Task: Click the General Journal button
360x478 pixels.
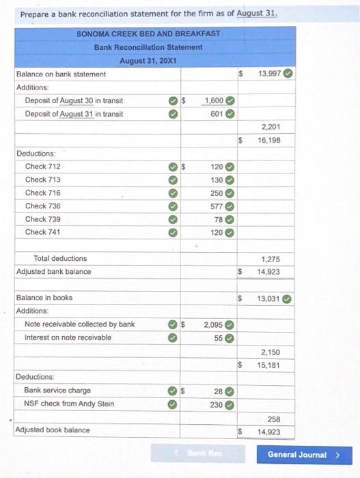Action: [302, 455]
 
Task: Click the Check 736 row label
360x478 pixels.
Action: [42, 206]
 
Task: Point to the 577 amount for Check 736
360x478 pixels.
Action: [217, 206]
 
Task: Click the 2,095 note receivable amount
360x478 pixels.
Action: [214, 324]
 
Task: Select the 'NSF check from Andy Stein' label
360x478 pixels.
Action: [69, 404]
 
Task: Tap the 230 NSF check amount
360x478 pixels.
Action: [217, 404]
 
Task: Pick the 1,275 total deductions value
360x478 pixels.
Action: [272, 259]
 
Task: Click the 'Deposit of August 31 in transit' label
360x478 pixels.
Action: [74, 113]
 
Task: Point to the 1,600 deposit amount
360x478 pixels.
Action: [214, 100]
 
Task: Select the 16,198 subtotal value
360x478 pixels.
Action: [270, 140]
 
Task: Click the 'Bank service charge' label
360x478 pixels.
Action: [57, 391]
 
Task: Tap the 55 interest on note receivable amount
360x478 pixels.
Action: [219, 337]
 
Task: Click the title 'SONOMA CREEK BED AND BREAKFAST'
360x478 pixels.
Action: [148, 33]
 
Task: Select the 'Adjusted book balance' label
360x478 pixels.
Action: [53, 430]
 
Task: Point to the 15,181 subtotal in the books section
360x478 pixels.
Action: [270, 365]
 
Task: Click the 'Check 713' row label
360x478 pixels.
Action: [42, 180]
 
